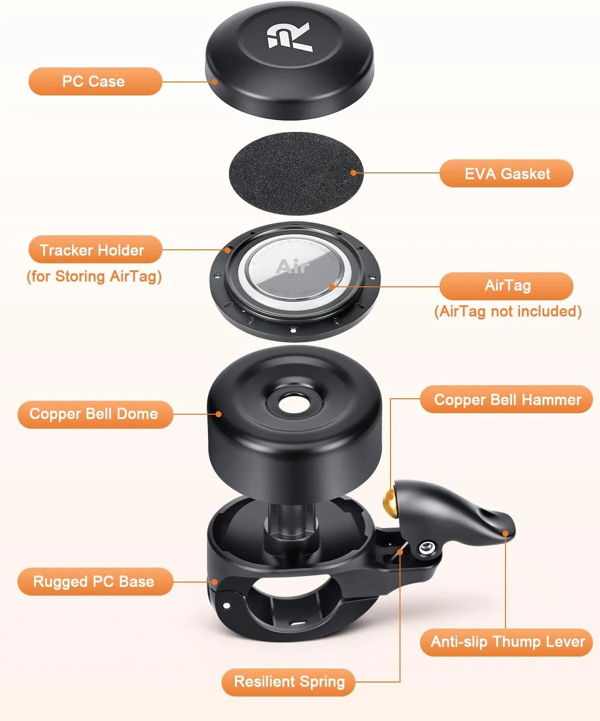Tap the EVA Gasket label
[506, 174]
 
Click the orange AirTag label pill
[506, 286]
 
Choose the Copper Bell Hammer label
[506, 400]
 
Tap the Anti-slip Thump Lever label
[506, 642]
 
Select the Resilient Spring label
[288, 682]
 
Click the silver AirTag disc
[295, 270]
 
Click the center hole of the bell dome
[291, 404]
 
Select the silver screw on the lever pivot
[425, 548]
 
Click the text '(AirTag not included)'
[507, 312]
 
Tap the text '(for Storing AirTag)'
[94, 277]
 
